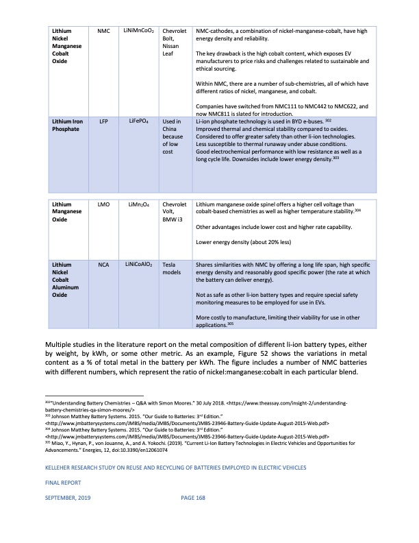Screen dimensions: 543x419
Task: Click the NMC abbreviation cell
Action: click(104, 31)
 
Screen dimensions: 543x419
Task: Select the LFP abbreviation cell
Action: click(104, 121)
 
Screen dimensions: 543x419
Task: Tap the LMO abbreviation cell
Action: click(104, 204)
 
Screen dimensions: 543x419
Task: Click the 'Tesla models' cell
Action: click(172, 268)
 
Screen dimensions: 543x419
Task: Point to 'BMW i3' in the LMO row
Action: click(174, 219)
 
